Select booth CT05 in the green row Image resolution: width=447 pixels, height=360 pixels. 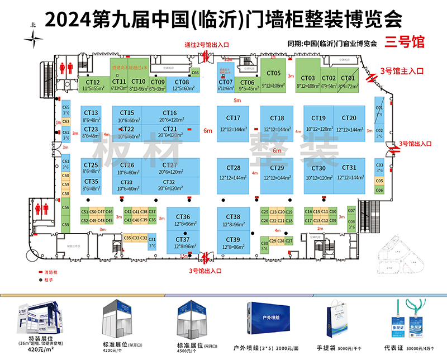274,77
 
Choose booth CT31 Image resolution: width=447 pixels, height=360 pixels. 349,171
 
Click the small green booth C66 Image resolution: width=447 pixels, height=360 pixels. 195,73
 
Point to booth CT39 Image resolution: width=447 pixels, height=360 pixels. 233,243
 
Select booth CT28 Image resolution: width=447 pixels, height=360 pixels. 234,172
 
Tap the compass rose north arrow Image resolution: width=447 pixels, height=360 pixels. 35,39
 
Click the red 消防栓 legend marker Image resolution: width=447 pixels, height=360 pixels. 40,271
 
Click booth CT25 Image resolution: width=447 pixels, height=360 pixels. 92,168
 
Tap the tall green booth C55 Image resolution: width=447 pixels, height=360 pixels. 66,225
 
